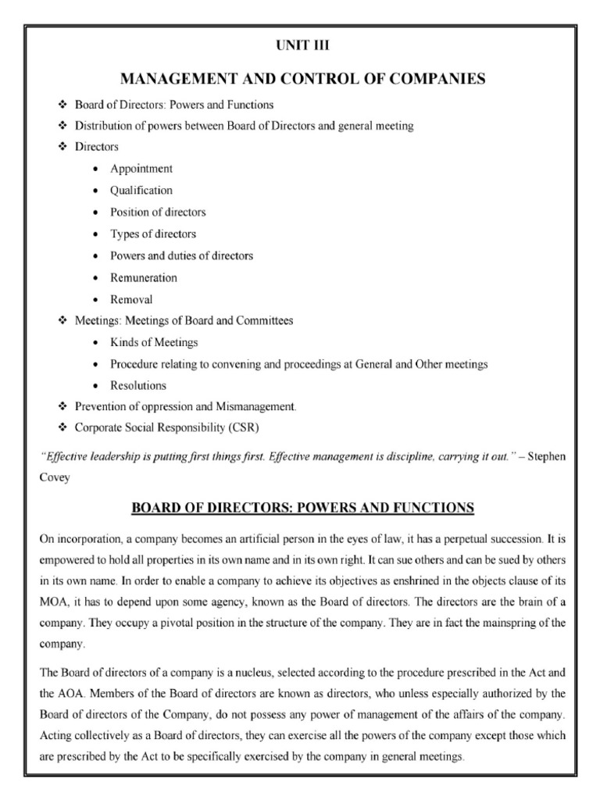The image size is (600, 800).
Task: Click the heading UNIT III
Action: click(300, 46)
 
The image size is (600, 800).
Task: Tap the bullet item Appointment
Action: click(141, 169)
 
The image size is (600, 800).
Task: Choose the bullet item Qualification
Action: click(141, 191)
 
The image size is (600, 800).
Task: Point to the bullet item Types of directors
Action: click(153, 234)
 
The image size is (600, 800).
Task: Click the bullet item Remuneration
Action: click(144, 277)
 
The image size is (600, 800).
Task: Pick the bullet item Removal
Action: click(131, 299)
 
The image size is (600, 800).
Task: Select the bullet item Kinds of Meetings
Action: click(154, 343)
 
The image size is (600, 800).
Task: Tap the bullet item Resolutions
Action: click(138, 386)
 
